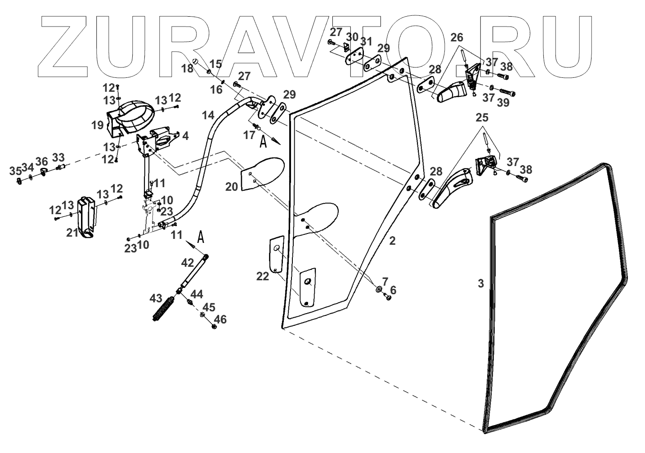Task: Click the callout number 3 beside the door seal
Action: tap(481, 283)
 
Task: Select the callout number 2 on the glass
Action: tap(392, 241)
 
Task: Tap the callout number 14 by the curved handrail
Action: tap(208, 115)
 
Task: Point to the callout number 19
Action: tap(98, 126)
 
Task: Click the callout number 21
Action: tap(72, 233)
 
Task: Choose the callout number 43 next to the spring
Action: tap(156, 298)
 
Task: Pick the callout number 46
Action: tap(220, 320)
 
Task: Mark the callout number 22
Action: tap(263, 276)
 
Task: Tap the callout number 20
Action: tap(232, 187)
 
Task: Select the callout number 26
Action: tap(457, 38)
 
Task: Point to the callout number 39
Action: tap(503, 103)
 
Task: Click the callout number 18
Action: tap(188, 68)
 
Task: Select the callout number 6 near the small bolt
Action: tap(393, 290)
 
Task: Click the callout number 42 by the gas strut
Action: tap(187, 262)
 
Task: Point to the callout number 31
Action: tap(367, 42)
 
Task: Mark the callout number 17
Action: tap(250, 135)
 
